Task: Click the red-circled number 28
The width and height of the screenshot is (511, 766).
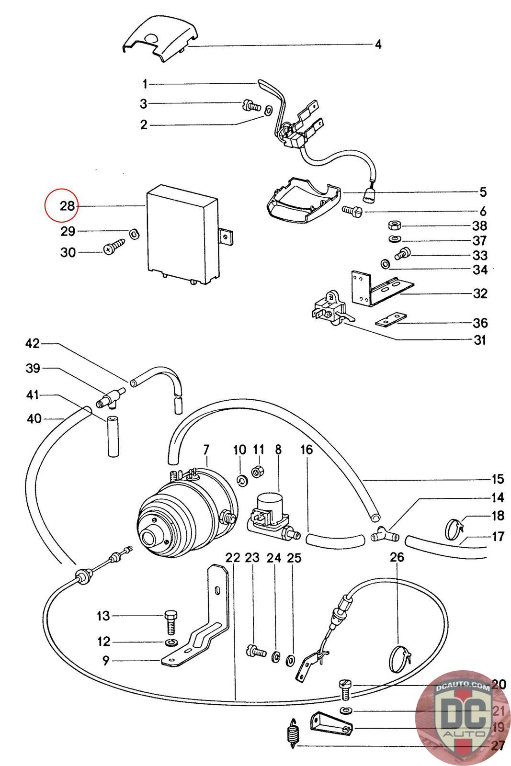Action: (x=68, y=206)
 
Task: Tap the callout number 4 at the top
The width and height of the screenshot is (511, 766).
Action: (x=378, y=45)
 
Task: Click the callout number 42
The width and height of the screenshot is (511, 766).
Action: (x=33, y=344)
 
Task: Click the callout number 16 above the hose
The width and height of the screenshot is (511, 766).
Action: (x=307, y=450)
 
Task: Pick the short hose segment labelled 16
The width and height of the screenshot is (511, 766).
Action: (x=333, y=541)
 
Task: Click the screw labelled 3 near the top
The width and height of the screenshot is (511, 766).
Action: (x=250, y=105)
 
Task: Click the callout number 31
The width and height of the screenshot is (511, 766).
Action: (x=479, y=340)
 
